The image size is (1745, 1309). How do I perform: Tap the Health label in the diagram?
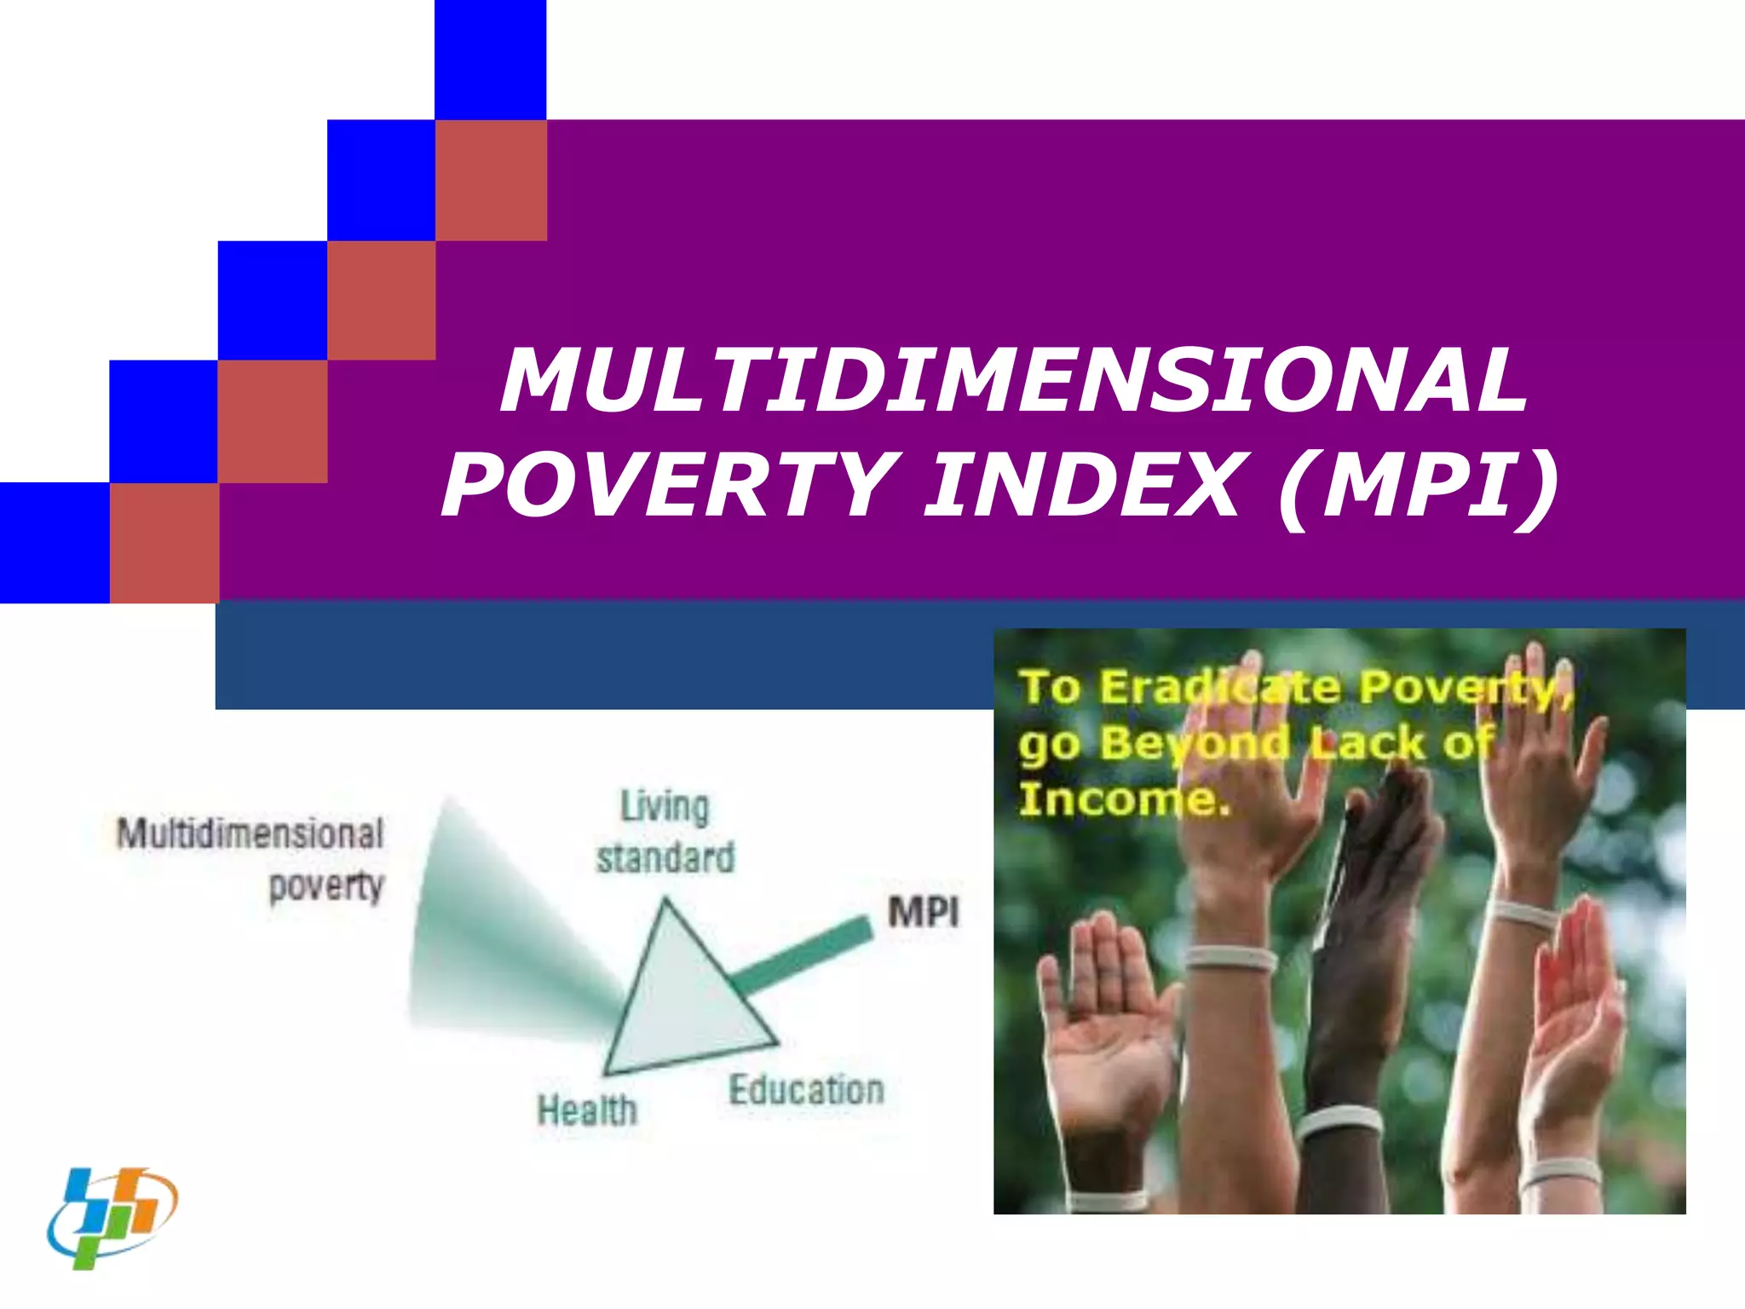click(x=587, y=1110)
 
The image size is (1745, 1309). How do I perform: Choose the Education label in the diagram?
click(x=806, y=1090)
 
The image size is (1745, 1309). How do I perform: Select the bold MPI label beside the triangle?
click(x=923, y=913)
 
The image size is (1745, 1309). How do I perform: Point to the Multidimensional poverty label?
click(x=252, y=859)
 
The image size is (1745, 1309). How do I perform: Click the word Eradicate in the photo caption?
click(x=1219, y=688)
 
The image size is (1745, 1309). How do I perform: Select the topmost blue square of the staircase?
click(x=490, y=60)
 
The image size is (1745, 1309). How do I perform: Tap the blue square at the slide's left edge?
click(x=55, y=543)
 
